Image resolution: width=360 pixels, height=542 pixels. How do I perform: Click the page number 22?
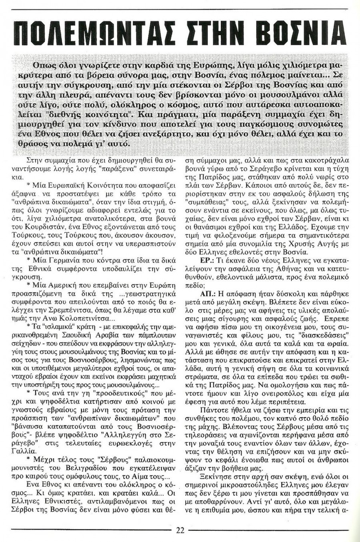pyautogui.click(x=180, y=531)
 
